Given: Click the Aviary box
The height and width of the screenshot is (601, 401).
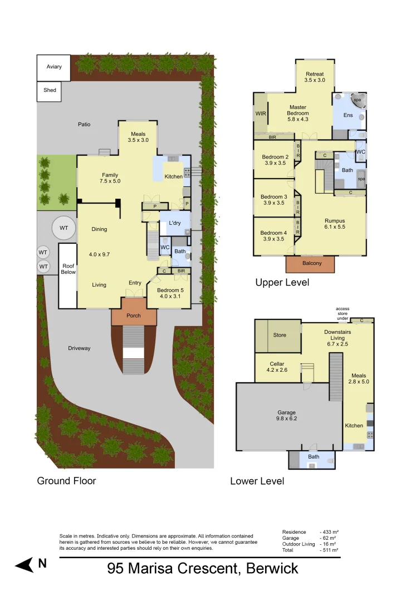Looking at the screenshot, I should click(x=53, y=67).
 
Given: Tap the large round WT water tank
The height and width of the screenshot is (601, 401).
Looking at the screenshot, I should click(x=63, y=227).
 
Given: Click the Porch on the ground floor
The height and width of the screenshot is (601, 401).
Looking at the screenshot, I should click(x=134, y=316).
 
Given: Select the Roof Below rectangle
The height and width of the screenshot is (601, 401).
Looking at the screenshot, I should click(x=68, y=275).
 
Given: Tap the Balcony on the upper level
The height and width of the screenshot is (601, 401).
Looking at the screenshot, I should click(x=311, y=264).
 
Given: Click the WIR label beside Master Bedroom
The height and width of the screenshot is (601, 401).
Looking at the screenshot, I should click(x=260, y=114).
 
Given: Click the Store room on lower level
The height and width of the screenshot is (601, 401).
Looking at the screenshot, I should click(x=279, y=336).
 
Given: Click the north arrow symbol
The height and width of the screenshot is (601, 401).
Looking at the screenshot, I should click(x=25, y=565).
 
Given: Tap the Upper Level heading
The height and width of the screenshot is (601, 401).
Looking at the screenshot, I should click(x=282, y=283).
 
